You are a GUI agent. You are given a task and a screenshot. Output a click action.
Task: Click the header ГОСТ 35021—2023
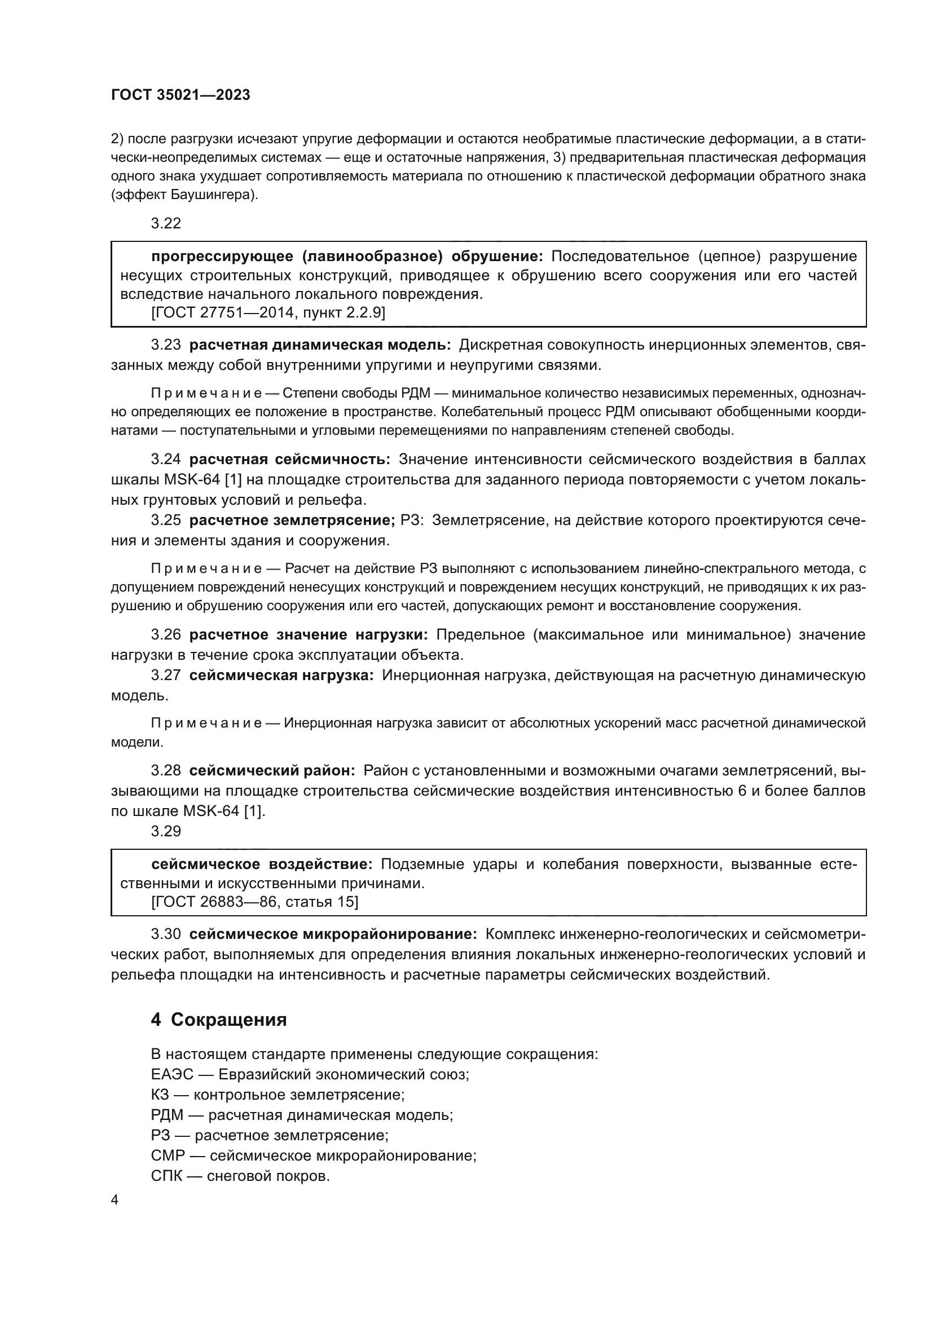click(181, 95)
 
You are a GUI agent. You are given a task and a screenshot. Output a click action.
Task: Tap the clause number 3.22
click(165, 223)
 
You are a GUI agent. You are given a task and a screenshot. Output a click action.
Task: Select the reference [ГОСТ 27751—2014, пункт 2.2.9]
click(268, 312)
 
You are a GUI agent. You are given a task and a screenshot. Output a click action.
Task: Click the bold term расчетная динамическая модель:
click(320, 345)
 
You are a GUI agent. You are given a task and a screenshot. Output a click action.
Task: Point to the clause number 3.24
click(165, 459)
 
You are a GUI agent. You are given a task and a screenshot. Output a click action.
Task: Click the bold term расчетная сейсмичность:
click(289, 459)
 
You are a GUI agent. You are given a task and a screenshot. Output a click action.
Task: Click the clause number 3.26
click(165, 634)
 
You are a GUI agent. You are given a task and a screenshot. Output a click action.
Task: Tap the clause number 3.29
click(165, 831)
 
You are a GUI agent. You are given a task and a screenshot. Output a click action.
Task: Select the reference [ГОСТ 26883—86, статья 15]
click(254, 902)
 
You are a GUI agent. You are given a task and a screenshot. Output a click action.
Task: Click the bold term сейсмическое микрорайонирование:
click(333, 934)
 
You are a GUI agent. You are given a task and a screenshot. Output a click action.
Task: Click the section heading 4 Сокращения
click(219, 1019)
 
